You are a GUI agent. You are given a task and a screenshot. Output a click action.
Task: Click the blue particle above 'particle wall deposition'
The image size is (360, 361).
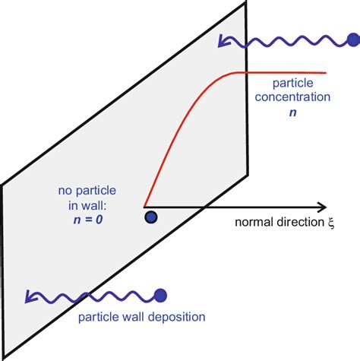[x=160, y=295]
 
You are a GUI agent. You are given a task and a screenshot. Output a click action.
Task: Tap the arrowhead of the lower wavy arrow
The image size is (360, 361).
[x=28, y=299]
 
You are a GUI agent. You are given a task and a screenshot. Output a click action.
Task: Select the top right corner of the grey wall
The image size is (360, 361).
[x=246, y=3]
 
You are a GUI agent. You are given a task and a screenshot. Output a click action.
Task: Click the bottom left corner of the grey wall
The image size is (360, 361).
[x=2, y=356]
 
